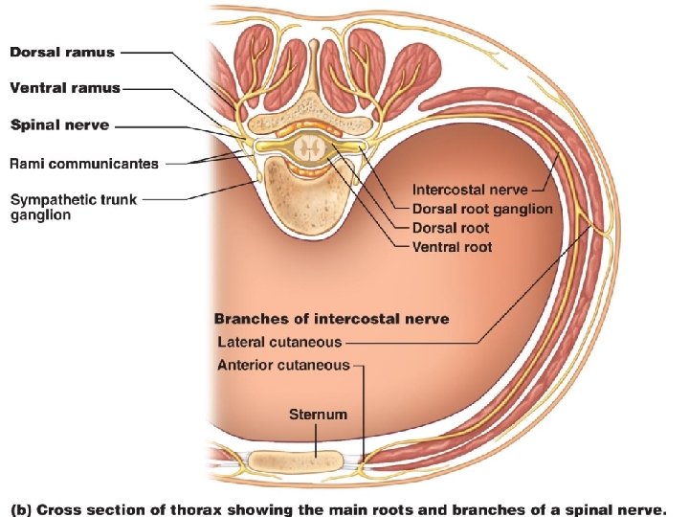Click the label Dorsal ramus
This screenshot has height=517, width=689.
[x=62, y=52]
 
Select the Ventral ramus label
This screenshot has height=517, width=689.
[x=65, y=88]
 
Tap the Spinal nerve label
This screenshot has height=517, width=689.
[x=59, y=125]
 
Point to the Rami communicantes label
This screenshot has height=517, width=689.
[x=84, y=164]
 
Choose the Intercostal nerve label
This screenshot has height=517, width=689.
[x=469, y=190]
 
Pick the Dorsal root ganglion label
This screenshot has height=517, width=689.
[x=482, y=209]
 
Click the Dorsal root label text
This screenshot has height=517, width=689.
[x=450, y=228]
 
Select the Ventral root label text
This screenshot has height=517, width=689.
[x=452, y=247]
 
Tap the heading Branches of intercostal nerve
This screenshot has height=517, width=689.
[x=331, y=319]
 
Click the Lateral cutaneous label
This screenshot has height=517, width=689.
[x=278, y=341]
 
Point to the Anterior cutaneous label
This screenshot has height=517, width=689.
[x=283, y=365]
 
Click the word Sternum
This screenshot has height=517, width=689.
[x=318, y=415]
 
